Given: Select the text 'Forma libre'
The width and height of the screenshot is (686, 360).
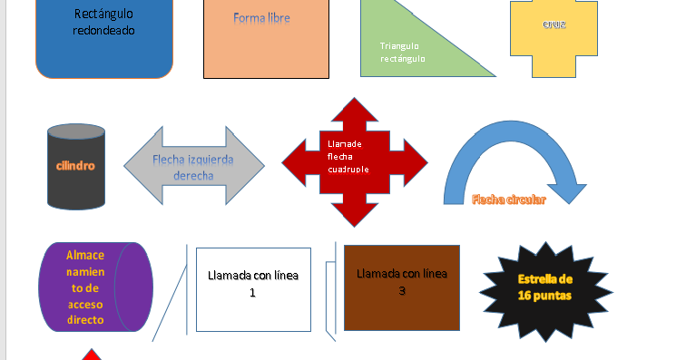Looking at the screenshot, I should click(261, 17).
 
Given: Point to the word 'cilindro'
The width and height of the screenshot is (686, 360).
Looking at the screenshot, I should click(75, 166).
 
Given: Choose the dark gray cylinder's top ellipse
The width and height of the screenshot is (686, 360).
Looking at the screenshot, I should click(76, 133).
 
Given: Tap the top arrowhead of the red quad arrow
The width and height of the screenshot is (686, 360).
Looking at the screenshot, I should click(354, 112).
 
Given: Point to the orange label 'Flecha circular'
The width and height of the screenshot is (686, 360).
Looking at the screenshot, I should click(508, 200).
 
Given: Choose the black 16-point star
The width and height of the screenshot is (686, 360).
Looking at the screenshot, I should click(544, 287).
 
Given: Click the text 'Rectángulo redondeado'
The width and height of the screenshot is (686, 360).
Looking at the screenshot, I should click(103, 22).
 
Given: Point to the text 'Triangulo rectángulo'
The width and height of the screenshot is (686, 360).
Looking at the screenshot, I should click(403, 52).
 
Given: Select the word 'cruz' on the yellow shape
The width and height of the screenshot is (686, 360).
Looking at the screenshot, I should click(554, 24).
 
